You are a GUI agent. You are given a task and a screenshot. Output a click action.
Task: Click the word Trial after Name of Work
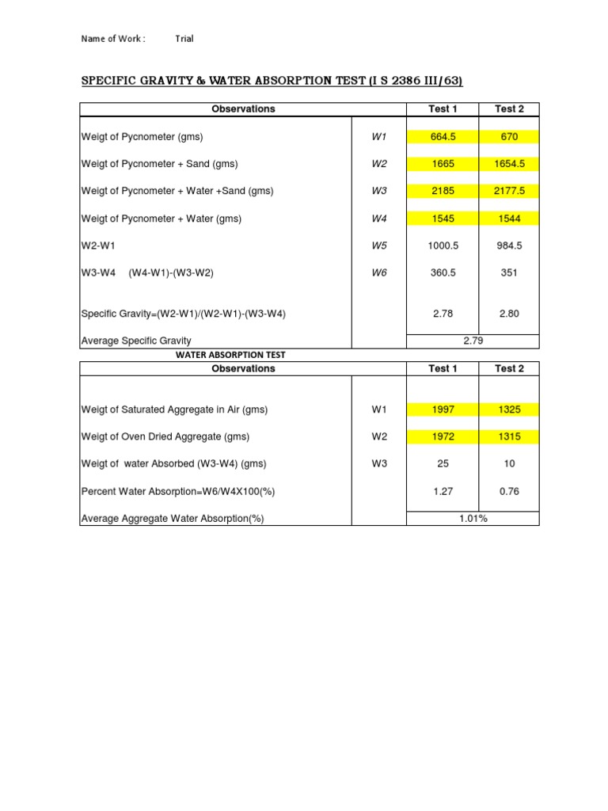[x=184, y=39]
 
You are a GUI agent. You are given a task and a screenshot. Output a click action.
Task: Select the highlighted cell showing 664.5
[x=442, y=137]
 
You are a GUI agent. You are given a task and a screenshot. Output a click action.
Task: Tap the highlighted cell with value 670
[x=509, y=137]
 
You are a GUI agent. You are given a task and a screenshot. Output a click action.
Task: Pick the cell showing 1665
[x=442, y=164]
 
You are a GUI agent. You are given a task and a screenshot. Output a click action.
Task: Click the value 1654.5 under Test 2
[x=509, y=164]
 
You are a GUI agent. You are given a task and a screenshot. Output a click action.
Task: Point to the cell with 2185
[x=442, y=191]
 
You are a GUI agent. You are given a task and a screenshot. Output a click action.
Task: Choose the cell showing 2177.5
[x=509, y=191]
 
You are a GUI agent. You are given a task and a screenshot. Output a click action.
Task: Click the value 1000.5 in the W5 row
[x=442, y=246]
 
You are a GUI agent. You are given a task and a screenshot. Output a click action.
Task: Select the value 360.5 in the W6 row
[x=442, y=272]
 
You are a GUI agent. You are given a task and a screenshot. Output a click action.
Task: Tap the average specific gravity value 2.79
[x=473, y=341]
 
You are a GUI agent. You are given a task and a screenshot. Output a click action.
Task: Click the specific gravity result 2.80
[x=509, y=314]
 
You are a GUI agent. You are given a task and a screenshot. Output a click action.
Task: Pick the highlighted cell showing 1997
[x=442, y=409]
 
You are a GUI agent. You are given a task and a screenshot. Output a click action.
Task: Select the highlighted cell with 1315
[x=509, y=436]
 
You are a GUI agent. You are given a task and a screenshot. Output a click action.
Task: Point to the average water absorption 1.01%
[x=473, y=519]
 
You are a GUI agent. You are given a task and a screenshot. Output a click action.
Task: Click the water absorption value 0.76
[x=509, y=491]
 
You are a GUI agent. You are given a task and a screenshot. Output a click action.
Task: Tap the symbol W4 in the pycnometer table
[x=379, y=219]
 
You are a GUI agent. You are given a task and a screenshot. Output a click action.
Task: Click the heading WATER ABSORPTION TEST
[x=230, y=355]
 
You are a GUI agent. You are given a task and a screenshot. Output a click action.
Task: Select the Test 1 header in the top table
[x=442, y=109]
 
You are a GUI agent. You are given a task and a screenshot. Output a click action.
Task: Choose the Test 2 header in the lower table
[x=509, y=368]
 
